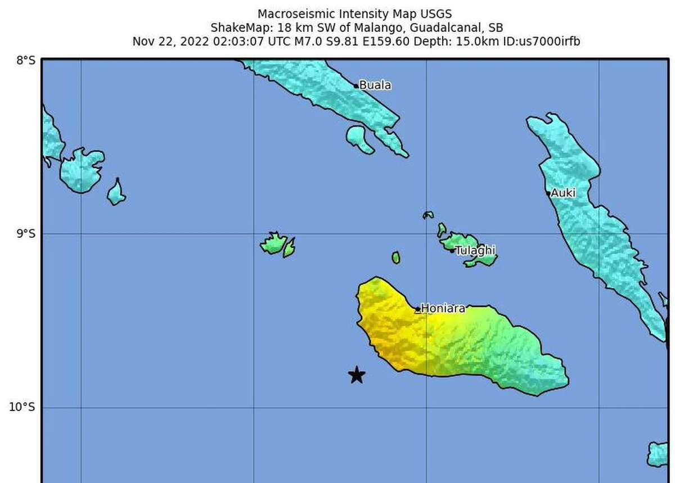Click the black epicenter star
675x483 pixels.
tap(357, 375)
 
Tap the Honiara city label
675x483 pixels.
tap(443, 308)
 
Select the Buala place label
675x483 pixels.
tap(375, 85)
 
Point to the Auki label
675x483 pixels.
tap(563, 193)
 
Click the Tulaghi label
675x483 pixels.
tap(475, 250)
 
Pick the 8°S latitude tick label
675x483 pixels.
tap(26, 60)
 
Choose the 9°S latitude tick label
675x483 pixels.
tap(26, 233)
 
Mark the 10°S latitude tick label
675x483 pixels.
tap(22, 407)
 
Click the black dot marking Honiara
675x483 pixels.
tap(418, 309)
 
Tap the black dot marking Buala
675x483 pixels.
tap(357, 86)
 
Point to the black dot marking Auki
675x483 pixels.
tap(548, 193)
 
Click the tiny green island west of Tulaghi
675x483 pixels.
tap(396, 258)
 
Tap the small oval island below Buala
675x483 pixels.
tap(359, 139)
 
